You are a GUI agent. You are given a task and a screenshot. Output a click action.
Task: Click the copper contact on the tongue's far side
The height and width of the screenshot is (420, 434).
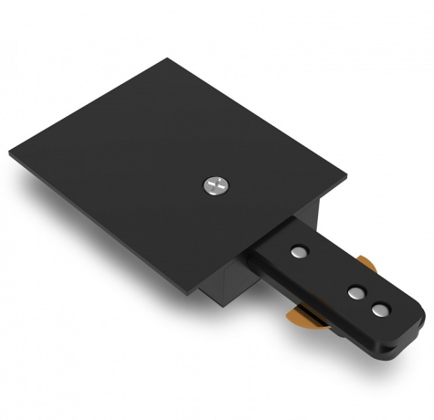click(367, 265)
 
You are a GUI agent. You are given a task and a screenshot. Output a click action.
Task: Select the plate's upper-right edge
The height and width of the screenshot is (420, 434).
click(260, 116)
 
